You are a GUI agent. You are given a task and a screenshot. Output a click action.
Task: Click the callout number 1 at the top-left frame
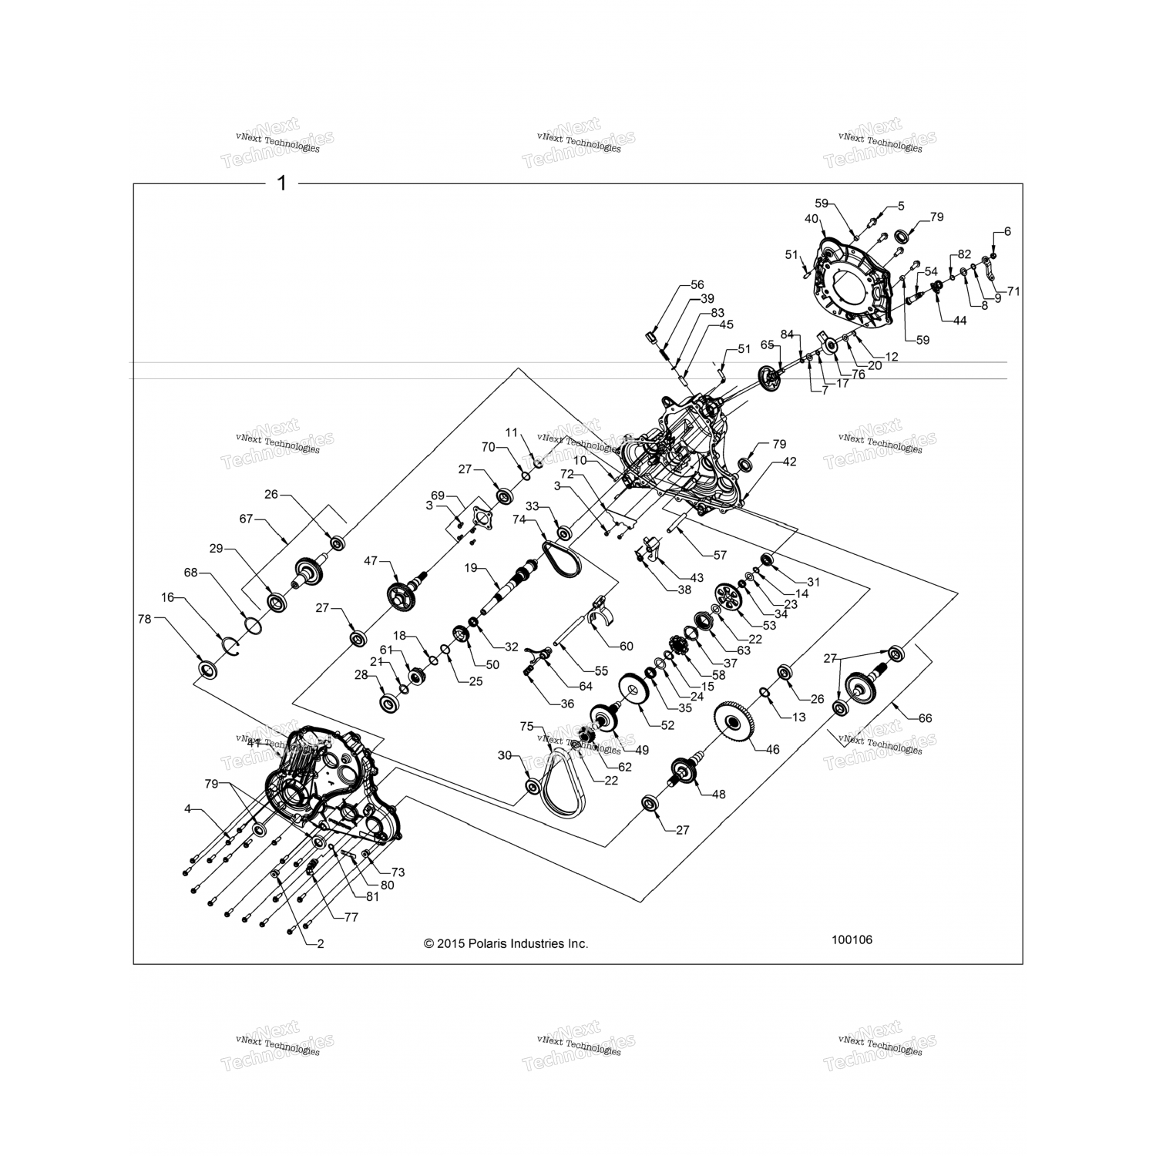pyautogui.click(x=281, y=183)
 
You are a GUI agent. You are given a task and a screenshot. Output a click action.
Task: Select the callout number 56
pyautogui.click(x=697, y=285)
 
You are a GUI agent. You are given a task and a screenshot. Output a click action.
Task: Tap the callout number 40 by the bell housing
pyautogui.click(x=812, y=219)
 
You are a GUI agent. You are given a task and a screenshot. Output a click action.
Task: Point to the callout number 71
pyautogui.click(x=1013, y=291)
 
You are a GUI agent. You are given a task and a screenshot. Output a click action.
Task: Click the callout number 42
pyautogui.click(x=789, y=462)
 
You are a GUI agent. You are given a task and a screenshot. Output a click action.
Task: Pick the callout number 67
pyautogui.click(x=246, y=519)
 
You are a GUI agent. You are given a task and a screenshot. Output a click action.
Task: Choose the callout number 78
pyautogui.click(x=144, y=619)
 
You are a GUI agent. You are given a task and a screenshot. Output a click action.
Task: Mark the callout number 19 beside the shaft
pyautogui.click(x=471, y=568)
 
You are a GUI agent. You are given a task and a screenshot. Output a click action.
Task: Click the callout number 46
pyautogui.click(x=772, y=748)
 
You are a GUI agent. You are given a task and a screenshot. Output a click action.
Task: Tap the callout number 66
pyautogui.click(x=925, y=717)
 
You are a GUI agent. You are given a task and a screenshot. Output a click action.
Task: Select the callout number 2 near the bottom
pyautogui.click(x=320, y=943)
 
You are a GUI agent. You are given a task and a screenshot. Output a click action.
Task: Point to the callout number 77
pyautogui.click(x=351, y=917)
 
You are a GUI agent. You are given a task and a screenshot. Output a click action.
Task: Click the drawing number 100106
pyautogui.click(x=852, y=939)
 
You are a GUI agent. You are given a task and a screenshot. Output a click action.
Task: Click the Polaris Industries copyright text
pyautogui.click(x=506, y=943)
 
